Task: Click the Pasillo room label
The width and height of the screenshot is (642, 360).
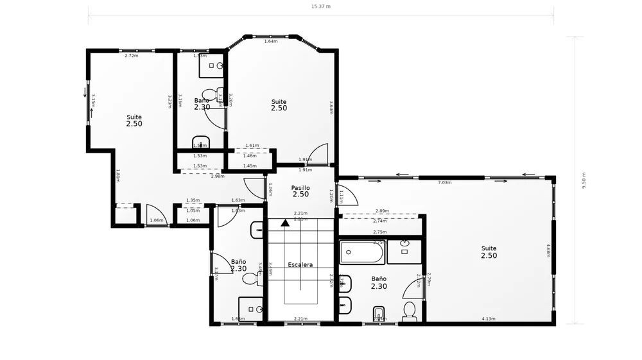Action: click(300, 187)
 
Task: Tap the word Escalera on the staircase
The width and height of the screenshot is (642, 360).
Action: click(300, 264)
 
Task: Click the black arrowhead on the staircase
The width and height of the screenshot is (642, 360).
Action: click(284, 222)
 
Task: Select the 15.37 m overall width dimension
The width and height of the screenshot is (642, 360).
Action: click(320, 6)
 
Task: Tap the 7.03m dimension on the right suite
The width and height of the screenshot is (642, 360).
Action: click(444, 183)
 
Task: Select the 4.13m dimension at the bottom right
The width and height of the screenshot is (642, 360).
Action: click(489, 318)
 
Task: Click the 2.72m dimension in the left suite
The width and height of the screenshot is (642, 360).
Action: click(131, 56)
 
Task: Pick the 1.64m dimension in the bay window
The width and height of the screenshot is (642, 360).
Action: click(270, 41)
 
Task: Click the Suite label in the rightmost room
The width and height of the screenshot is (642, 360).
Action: click(489, 248)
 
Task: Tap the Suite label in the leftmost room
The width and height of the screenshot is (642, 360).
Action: click(134, 117)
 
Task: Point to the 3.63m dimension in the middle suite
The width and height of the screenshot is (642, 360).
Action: click(331, 107)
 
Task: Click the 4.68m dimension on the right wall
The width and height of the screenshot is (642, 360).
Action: click(548, 250)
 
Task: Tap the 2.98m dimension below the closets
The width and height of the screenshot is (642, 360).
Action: click(218, 176)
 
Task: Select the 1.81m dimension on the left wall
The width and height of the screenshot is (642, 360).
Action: click(118, 175)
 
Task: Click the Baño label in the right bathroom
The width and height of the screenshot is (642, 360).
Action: click(379, 279)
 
